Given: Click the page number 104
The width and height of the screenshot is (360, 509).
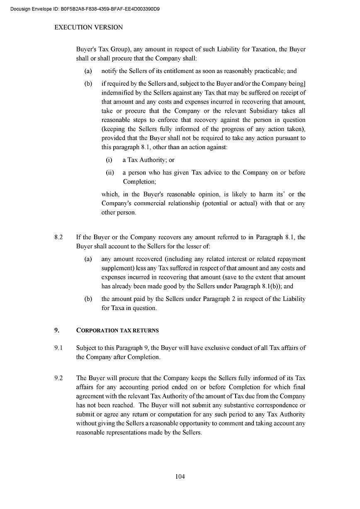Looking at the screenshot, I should pyautogui.click(x=180, y=477).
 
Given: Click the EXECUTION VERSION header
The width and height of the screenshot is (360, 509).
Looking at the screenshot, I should pyautogui.click(x=89, y=27).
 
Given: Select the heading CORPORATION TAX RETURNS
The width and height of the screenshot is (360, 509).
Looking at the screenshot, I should pyautogui.click(x=117, y=331).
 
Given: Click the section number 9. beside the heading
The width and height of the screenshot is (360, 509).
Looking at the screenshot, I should pyautogui.click(x=57, y=331).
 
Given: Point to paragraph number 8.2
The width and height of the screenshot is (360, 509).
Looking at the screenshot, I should pyautogui.click(x=58, y=238).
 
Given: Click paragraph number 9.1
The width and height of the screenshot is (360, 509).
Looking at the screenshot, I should pyautogui.click(x=58, y=348).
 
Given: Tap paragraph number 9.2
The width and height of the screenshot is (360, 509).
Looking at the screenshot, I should pyautogui.click(x=58, y=378).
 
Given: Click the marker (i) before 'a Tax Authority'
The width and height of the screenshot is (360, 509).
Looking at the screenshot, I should pyautogui.click(x=109, y=160).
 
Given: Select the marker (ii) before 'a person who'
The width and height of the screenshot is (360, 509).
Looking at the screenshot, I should pyautogui.click(x=110, y=172).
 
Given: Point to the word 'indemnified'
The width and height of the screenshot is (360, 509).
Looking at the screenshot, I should pyautogui.click(x=117, y=93).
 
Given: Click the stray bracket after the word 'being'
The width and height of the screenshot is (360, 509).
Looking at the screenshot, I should pyautogui.click(x=304, y=83).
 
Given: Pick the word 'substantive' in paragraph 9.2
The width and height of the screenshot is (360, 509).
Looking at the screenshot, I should pyautogui.click(x=241, y=405).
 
